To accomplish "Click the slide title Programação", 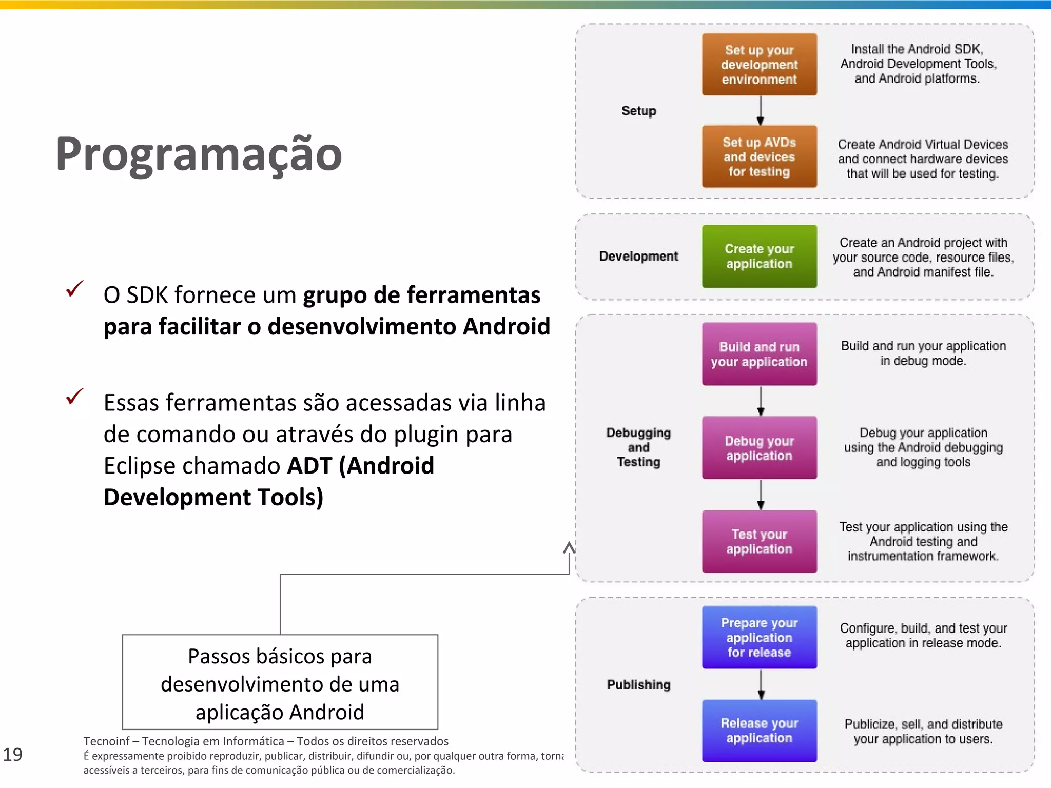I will [199, 154].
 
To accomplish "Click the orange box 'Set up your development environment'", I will [759, 65].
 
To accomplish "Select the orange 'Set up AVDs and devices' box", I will [759, 156].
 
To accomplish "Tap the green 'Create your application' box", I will [759, 256].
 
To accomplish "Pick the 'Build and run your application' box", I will [759, 354].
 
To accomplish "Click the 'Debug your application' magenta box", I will [759, 448].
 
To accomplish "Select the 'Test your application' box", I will [759, 541].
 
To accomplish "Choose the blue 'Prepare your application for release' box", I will [759, 637].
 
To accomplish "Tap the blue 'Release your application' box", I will [759, 731].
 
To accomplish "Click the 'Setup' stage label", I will [638, 111].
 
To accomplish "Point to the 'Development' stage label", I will [638, 256].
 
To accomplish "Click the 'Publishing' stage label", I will [638, 684].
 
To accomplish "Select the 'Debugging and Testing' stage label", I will [638, 447].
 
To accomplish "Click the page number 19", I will [13, 755].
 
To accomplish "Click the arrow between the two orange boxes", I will [761, 110].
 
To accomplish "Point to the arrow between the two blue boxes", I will [761, 684].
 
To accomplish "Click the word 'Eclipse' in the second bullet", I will [138, 466].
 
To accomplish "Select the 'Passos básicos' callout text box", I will [280, 682].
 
